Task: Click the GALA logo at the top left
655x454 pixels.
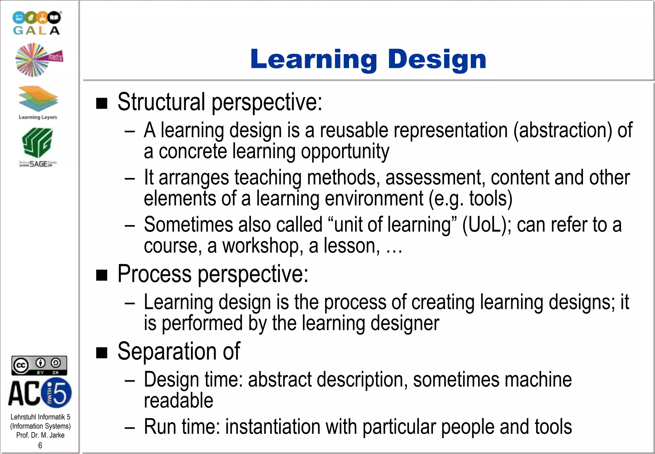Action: [36, 23]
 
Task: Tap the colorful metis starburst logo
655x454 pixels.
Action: [38, 60]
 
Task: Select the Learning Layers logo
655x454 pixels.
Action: [38, 102]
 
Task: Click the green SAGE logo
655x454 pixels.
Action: [37, 147]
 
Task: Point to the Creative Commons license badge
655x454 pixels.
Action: [39, 365]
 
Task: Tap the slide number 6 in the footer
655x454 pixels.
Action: [40, 445]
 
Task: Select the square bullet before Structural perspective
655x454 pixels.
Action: [102, 103]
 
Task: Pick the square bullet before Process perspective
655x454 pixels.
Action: [102, 275]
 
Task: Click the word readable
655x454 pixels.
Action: [178, 401]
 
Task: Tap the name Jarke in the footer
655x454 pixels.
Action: [57, 435]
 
